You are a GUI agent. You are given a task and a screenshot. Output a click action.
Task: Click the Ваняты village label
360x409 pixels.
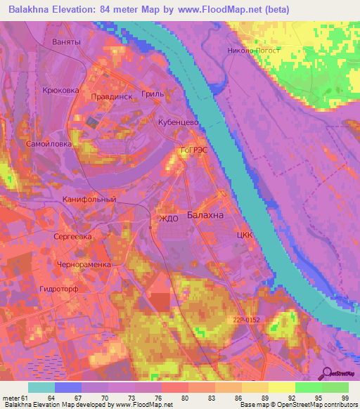point(67,42)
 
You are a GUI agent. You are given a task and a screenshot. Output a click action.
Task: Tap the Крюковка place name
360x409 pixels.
point(61,91)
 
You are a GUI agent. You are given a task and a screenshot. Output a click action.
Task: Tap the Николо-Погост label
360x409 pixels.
point(254,51)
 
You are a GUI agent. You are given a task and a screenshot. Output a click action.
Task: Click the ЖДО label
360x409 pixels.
point(169,219)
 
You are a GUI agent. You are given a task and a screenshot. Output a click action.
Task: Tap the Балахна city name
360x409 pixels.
point(205,216)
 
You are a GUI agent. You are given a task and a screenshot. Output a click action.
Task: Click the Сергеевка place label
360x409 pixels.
point(73,237)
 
